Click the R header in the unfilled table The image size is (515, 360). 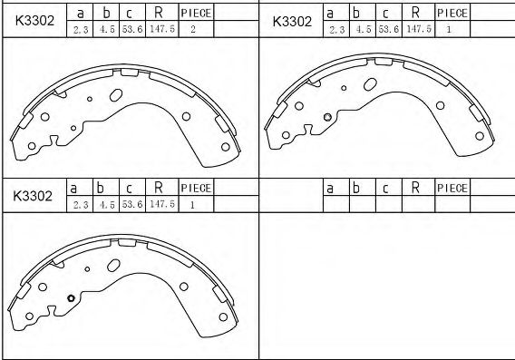click(414, 188)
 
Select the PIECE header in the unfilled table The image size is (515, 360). click(452, 188)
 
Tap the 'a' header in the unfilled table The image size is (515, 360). click(332, 188)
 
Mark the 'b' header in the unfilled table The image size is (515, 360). click(357, 188)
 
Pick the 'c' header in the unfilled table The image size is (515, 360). click(384, 188)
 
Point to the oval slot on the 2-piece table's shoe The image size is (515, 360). click(115, 95)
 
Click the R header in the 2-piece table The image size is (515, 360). click(159, 13)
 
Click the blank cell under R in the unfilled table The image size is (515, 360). click(414, 204)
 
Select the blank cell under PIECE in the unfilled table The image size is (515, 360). click(452, 204)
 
